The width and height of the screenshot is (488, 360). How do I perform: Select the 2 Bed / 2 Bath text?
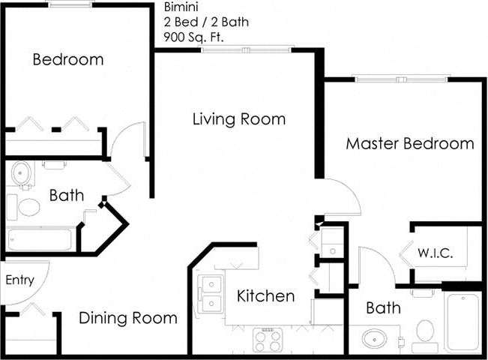point(205,22)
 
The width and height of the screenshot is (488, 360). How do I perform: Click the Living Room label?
point(238,119)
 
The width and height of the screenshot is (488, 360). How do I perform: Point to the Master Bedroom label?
point(409,143)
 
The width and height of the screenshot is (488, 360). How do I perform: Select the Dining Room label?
point(128,318)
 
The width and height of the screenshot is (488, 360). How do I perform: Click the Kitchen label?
point(265,296)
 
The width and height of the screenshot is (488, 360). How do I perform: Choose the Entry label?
point(20,280)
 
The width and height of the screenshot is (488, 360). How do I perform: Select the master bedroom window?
point(402,78)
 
